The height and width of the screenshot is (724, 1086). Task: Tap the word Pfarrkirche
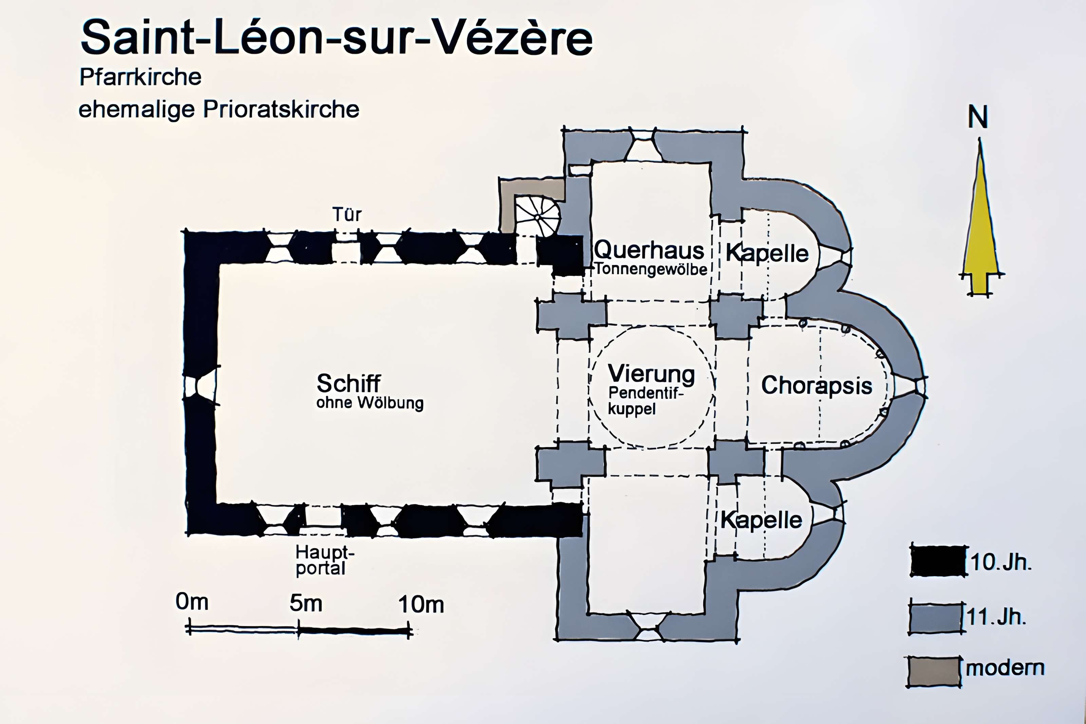[140, 77]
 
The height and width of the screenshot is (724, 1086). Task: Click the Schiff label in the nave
[348, 383]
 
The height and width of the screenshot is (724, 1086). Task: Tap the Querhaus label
[649, 251]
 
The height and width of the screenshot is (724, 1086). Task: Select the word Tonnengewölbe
[651, 269]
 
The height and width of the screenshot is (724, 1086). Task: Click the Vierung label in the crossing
[651, 374]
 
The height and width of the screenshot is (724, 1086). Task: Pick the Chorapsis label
[816, 385]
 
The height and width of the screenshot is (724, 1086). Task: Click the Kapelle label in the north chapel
[767, 253]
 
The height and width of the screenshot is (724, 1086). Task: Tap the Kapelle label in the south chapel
[761, 520]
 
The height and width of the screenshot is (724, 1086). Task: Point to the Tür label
[347, 215]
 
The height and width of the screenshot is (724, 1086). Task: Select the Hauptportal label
[324, 560]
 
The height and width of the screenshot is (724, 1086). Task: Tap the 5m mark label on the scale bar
[306, 603]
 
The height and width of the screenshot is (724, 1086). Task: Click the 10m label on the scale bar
[421, 604]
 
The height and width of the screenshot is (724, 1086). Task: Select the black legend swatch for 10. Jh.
[938, 561]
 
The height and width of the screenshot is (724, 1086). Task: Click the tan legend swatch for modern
[933, 672]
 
